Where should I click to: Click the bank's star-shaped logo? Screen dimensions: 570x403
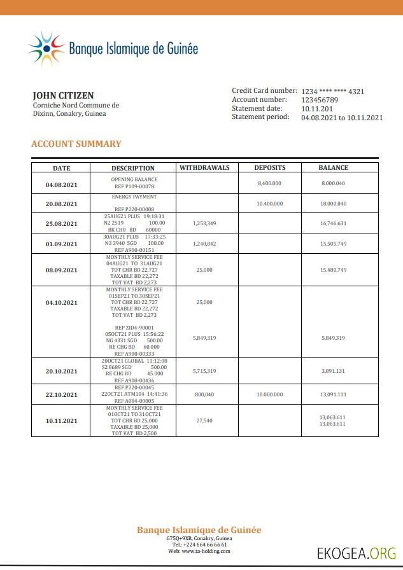[x=46, y=48]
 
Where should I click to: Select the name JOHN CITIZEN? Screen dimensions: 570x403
[x=63, y=95]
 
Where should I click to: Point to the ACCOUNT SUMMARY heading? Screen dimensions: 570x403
[x=76, y=144]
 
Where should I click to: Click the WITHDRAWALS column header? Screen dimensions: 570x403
[x=204, y=168]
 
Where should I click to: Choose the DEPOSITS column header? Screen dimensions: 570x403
[x=269, y=168]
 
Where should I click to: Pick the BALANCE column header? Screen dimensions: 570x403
[x=333, y=168]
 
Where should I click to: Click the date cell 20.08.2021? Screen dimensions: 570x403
[x=61, y=204]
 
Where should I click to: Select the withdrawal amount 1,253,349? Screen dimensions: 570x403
[x=204, y=223]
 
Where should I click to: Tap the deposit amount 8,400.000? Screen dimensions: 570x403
[x=269, y=183]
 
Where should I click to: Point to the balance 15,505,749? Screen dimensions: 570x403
[x=333, y=244]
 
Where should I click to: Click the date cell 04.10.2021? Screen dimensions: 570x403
[x=61, y=303]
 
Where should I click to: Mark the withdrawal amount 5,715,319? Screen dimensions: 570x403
[x=204, y=371]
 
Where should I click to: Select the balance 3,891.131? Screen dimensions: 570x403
[x=333, y=371]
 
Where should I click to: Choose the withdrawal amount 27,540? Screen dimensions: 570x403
[x=204, y=421]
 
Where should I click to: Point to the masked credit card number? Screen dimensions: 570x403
[x=332, y=92]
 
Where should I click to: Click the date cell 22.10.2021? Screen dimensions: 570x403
[x=61, y=394]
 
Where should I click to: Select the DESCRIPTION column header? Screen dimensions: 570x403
[x=133, y=169]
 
